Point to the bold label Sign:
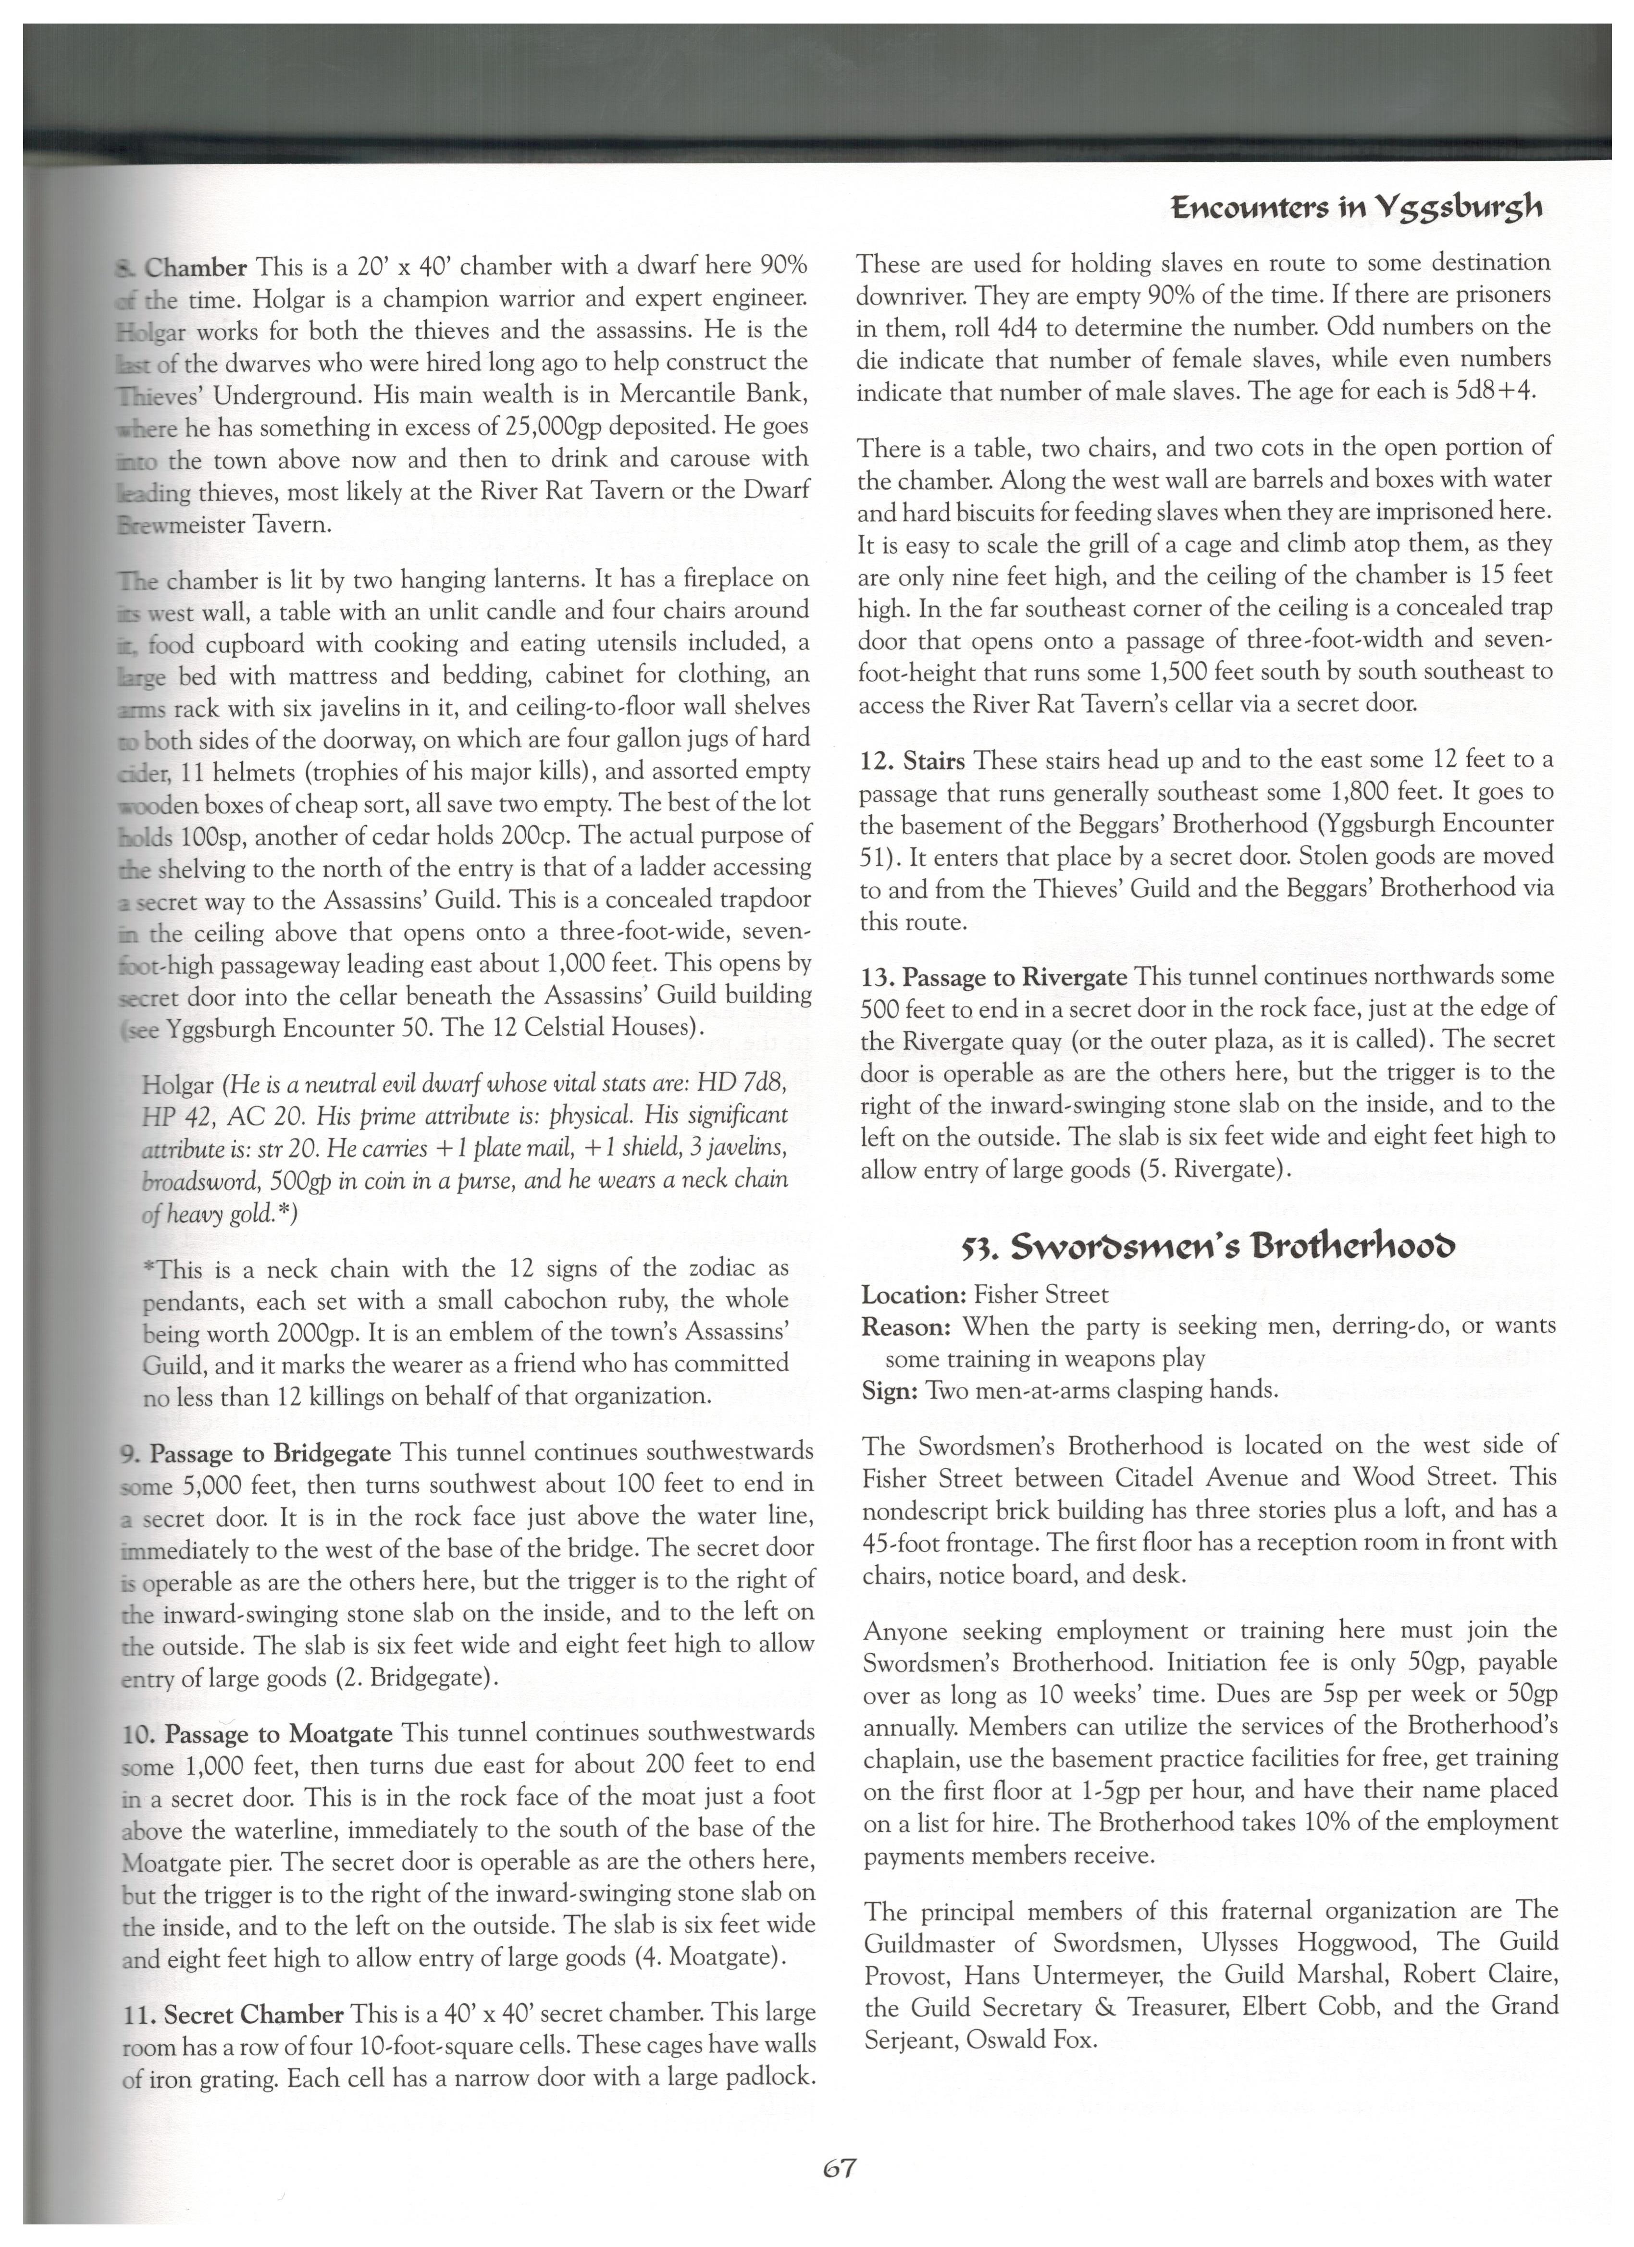pyautogui.click(x=890, y=1390)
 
